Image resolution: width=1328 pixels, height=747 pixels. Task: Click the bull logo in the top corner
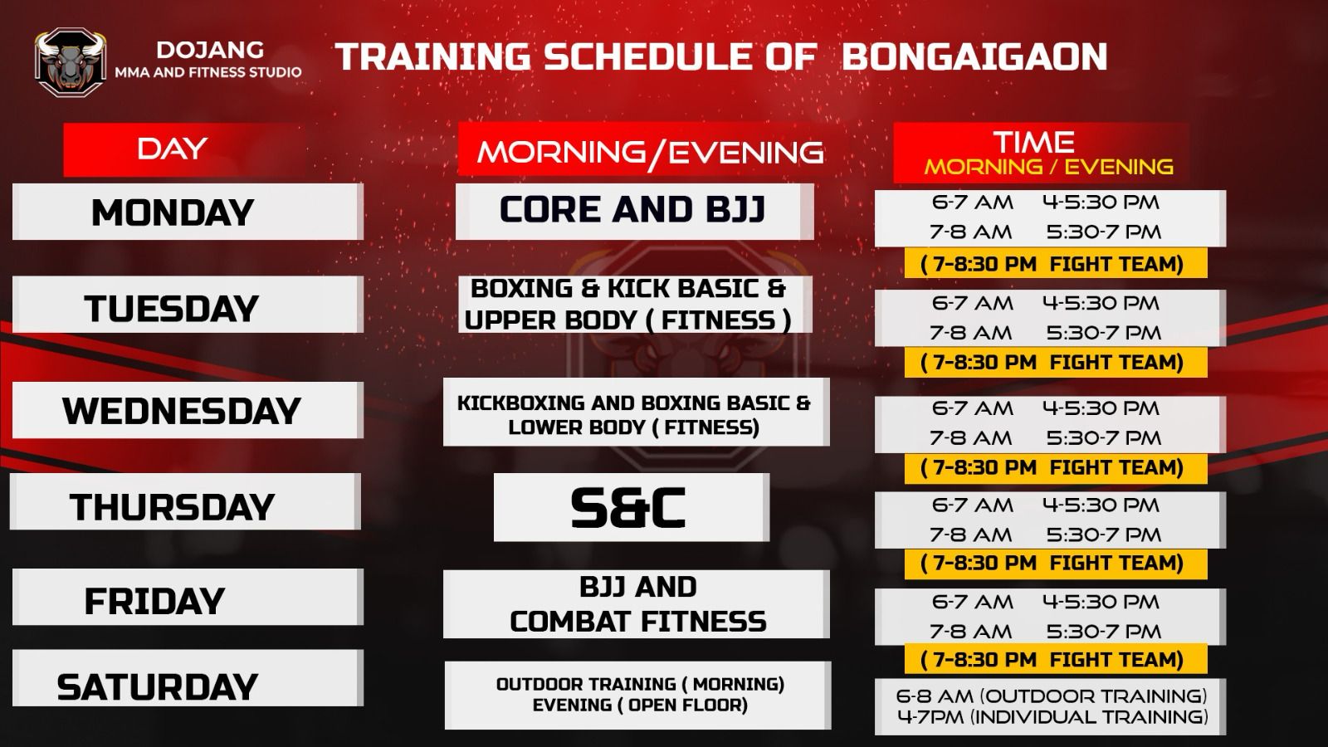(71, 62)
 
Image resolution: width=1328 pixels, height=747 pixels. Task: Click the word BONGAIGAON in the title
(974, 57)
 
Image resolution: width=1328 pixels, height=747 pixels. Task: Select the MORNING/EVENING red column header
(651, 149)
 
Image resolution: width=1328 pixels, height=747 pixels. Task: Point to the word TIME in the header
(1034, 142)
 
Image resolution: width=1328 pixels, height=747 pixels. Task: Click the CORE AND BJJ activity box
(634, 212)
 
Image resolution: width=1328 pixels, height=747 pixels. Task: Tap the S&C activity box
(632, 507)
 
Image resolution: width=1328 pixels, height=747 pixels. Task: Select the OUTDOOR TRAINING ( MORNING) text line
(640, 684)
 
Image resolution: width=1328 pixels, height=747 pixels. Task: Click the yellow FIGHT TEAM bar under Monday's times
(1056, 263)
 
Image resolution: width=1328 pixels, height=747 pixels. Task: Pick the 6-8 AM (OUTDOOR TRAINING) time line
(1051, 696)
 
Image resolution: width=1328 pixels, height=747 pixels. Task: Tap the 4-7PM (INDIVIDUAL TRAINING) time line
(1052, 717)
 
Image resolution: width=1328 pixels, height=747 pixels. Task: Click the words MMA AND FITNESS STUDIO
(208, 72)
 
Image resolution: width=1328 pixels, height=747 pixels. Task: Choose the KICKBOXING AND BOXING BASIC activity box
(636, 412)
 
